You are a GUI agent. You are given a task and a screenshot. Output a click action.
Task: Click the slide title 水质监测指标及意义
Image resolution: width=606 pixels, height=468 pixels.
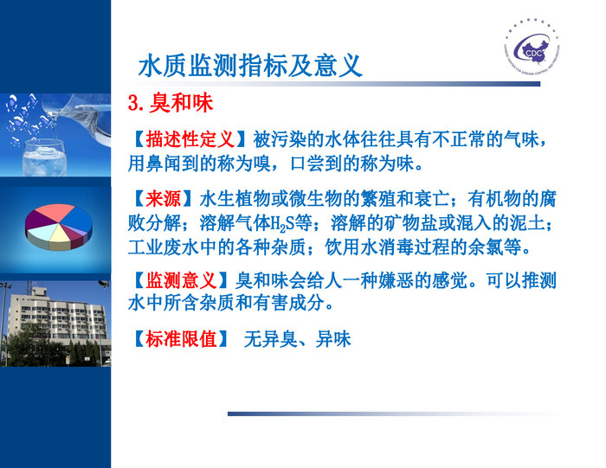click(249, 66)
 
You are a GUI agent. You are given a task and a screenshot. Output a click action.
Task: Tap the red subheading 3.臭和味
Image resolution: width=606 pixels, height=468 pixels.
click(170, 104)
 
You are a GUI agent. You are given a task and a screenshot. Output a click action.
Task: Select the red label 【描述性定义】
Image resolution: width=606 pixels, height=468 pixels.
click(190, 139)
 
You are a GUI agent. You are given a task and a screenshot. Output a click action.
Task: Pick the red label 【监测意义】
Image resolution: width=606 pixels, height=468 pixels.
click(181, 280)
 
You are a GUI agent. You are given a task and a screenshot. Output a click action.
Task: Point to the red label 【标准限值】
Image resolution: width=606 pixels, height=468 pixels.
click(181, 339)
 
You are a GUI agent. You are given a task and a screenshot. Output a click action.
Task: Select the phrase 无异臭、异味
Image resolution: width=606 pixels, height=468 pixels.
click(297, 339)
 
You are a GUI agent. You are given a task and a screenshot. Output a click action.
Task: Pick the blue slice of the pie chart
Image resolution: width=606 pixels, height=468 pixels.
click(80, 222)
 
